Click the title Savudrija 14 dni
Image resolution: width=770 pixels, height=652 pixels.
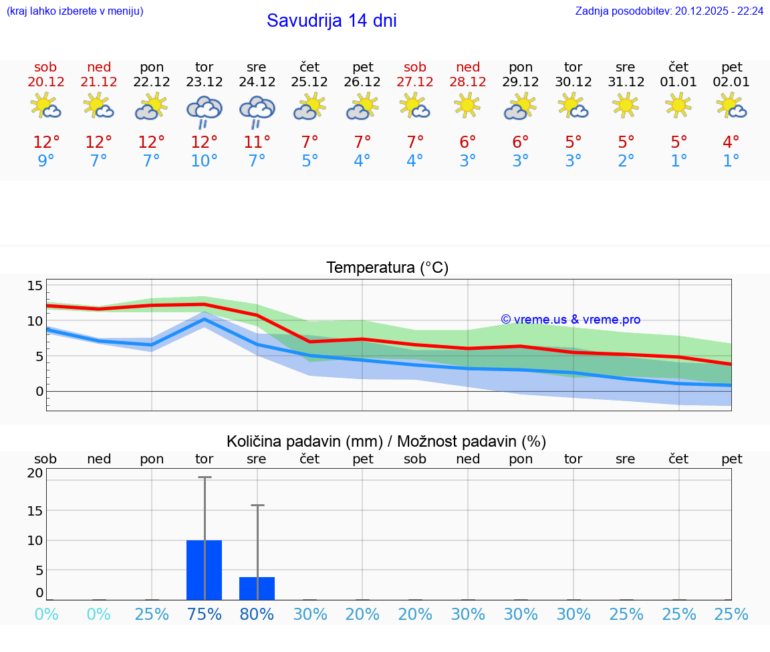pos(332,21)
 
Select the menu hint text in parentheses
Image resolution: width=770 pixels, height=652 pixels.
pos(75,11)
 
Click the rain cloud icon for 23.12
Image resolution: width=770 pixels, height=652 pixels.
pos(204,110)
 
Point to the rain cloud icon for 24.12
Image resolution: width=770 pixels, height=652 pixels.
pos(257,110)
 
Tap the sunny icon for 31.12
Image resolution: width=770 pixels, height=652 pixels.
pos(626,105)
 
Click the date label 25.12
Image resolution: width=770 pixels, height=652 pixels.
pos(309,82)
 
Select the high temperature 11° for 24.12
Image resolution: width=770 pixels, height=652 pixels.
pos(257,142)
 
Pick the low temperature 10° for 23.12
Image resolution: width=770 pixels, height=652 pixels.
pos(204,161)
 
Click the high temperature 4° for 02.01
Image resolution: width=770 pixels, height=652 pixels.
pos(731,142)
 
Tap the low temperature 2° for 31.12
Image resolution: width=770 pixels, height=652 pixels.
pos(626,161)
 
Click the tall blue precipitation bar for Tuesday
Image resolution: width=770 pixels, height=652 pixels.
pos(204,570)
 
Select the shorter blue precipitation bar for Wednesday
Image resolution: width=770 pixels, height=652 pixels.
pos(257,588)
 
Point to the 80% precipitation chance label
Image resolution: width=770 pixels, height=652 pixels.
pos(257,614)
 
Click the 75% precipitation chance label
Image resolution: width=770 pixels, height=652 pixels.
pos(204,614)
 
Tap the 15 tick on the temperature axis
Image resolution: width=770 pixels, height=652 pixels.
pos(35,286)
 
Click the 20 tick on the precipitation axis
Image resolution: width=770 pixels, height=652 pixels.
pos(35,473)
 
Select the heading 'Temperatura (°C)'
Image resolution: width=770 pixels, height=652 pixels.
pos(387,268)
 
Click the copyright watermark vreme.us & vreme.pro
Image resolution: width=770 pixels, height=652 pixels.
pos(570,320)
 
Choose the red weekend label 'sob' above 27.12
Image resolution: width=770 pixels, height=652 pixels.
pos(415,67)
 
